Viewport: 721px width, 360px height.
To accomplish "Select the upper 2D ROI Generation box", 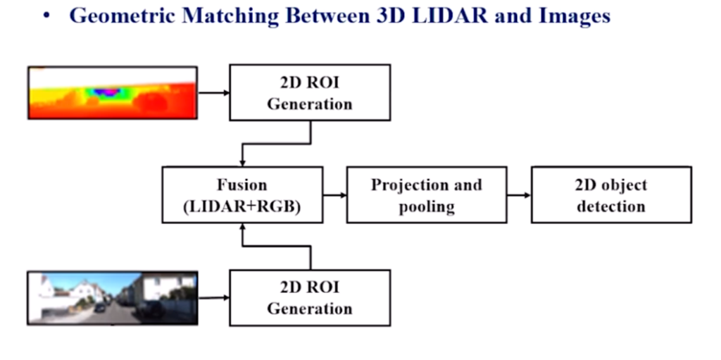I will pyautogui.click(x=310, y=92).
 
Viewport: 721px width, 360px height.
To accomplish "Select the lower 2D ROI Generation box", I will pyautogui.click(x=310, y=297).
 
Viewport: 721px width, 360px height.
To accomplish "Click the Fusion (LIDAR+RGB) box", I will pyautogui.click(x=242, y=195).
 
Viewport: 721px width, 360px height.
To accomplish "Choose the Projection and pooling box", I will pyautogui.click(x=427, y=195).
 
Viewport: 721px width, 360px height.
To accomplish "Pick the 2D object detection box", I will pyautogui.click(x=611, y=195).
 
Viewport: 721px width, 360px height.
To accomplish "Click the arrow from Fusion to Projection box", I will pyautogui.click(x=335, y=195).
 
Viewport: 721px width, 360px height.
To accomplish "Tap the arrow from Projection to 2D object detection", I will pyautogui.click(x=519, y=195).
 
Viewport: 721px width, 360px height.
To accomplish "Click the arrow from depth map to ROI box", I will pyautogui.click(x=213, y=92).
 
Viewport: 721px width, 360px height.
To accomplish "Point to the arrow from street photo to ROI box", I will pyautogui.click(x=213, y=298).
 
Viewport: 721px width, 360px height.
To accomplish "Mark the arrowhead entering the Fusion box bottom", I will pyautogui.click(x=242, y=227).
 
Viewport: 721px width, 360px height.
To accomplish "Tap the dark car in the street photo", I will pyautogui.click(x=101, y=307).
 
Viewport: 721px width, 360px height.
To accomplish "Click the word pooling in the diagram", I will pyautogui.click(x=427, y=206).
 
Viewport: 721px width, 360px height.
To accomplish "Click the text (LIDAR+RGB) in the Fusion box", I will pyautogui.click(x=242, y=206).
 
